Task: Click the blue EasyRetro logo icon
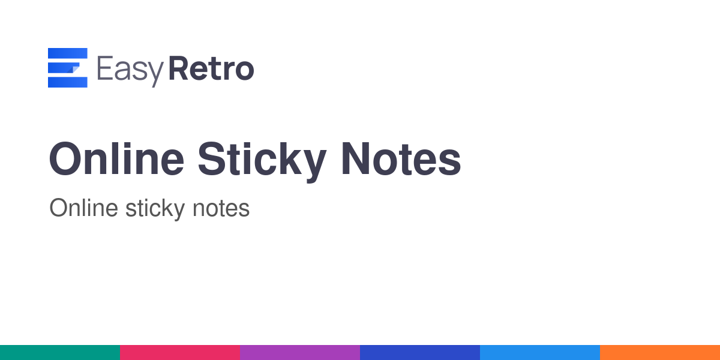tap(67, 68)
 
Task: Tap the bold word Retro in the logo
tap(211, 68)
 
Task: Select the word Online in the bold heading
tap(116, 159)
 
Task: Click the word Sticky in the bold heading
tap(262, 161)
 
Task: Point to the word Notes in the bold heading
tap(401, 159)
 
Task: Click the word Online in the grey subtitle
tap(84, 208)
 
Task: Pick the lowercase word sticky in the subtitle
tap(155, 209)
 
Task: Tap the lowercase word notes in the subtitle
tap(221, 209)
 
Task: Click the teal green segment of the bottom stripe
tap(60, 353)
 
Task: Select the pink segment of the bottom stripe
tap(180, 353)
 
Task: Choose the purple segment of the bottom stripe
tap(300, 353)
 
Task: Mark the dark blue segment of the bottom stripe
tap(420, 353)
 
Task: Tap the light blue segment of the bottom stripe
tap(540, 353)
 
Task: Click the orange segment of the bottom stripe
tap(660, 353)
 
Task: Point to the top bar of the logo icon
tap(67, 53)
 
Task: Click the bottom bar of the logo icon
tap(67, 82)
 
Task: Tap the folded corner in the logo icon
tap(74, 69)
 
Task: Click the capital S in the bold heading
tap(212, 159)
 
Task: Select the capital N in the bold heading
tap(355, 159)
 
